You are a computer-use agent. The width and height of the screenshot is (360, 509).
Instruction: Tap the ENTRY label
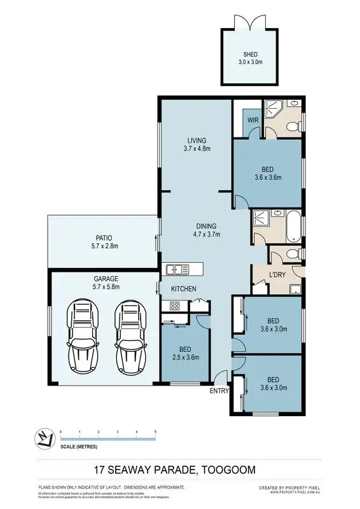click(x=218, y=391)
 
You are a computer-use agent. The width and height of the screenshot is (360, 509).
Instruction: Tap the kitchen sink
click(x=178, y=269)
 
